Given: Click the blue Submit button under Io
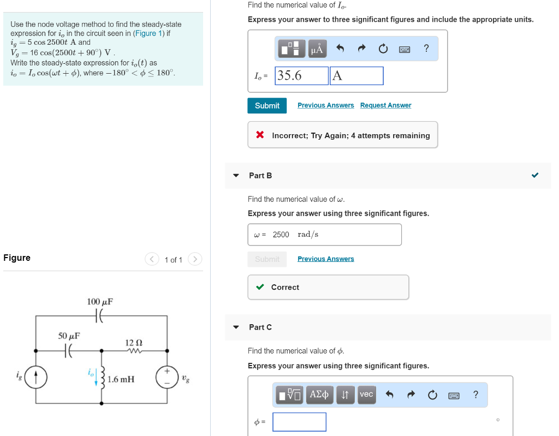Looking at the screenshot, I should [267, 105].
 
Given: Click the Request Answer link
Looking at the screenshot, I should [385, 105].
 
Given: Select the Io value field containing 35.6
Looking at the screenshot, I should [301, 76].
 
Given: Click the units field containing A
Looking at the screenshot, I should [356, 76].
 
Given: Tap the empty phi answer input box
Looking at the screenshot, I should [299, 422].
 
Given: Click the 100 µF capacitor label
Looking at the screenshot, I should [100, 302].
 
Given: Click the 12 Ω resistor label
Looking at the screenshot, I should [134, 342].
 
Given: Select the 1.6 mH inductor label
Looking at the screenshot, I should [121, 379].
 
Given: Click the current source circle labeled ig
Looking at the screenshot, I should [37, 377].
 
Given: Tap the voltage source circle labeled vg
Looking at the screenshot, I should [166, 377].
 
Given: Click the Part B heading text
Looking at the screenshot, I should [260, 175].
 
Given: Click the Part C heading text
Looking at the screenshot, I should [260, 327].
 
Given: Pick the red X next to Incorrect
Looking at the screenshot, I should [260, 135].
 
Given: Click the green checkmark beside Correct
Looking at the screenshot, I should [260, 287].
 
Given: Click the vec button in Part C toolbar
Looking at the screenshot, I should [366, 394].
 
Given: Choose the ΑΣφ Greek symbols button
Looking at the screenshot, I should [319, 394].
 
